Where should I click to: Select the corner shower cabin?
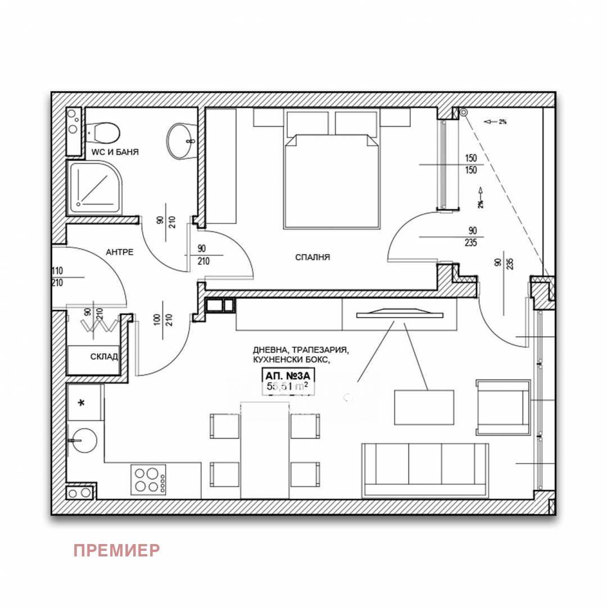tap(94, 188)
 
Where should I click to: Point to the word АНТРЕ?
tap(120, 252)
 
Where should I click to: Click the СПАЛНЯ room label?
tap(312, 257)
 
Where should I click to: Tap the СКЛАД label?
tap(104, 356)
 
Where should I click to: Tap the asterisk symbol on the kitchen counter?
tap(82, 404)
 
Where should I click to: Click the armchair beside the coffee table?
tap(502, 407)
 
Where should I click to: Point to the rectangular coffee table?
tap(424, 407)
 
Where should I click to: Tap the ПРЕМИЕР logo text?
tap(116, 550)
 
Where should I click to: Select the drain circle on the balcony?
tap(463, 112)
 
